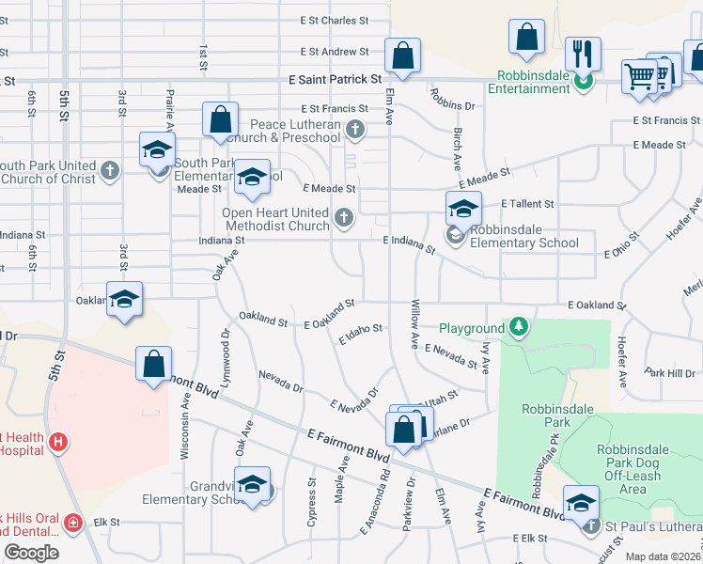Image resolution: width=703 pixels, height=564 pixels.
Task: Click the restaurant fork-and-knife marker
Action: point(584,54)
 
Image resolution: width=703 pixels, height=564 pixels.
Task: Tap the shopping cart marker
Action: point(640,75)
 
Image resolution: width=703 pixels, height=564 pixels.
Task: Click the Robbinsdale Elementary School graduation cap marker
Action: point(463,209)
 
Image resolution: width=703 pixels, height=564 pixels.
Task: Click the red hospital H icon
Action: point(58,440)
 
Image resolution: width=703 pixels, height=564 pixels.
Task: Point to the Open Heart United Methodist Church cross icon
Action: point(344,219)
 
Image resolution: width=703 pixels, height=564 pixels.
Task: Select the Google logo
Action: point(31,553)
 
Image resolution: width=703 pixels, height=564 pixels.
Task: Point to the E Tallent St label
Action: point(527,203)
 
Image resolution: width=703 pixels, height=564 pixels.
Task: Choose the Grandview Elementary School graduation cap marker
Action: point(252,483)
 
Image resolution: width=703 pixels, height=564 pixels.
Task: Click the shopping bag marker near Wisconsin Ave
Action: point(154,364)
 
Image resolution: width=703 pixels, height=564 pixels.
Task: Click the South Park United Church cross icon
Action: point(111,170)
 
